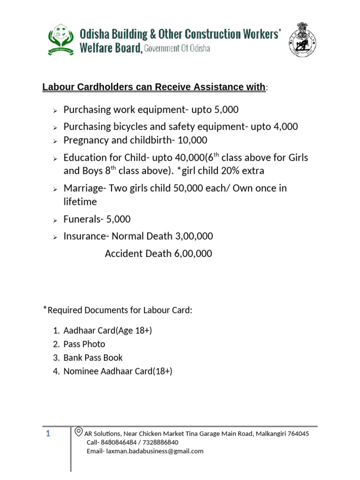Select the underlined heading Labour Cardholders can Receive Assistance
153,87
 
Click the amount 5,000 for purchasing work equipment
226,110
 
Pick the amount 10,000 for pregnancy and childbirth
191,140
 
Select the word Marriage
83,188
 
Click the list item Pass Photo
84,344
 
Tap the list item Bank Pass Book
93,358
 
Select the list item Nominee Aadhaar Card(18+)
118,371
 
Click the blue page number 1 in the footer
48,434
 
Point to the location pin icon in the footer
79,432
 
